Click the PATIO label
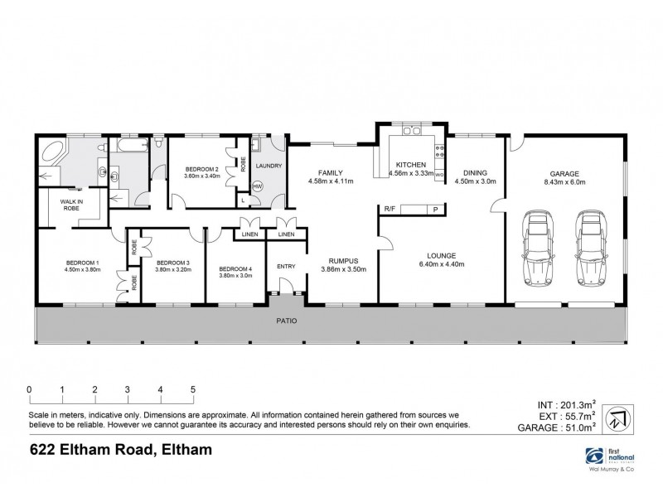tap(287, 320)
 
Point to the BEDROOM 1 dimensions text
tap(82, 269)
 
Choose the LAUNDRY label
tap(269, 166)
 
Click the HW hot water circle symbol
tap(257, 186)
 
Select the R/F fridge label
tap(388, 209)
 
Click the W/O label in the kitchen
tap(440, 176)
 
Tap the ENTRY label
tap(286, 266)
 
